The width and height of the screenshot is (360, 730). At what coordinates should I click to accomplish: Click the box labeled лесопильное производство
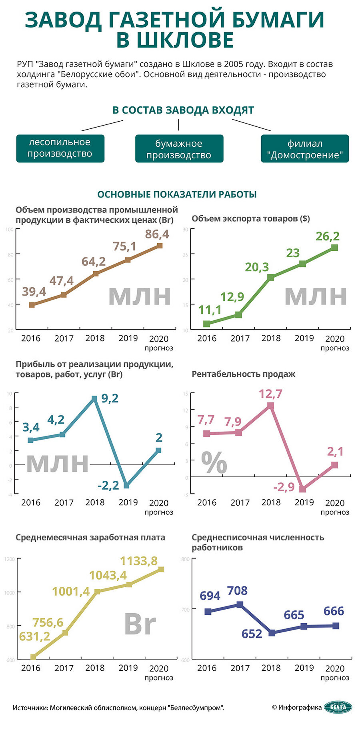60,148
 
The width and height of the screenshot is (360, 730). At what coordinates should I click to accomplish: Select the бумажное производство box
179,149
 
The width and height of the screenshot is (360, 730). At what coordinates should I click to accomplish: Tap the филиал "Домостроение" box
305,149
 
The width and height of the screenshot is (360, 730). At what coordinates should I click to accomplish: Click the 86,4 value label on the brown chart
157,234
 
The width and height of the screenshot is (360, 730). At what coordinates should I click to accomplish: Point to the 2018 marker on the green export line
271,277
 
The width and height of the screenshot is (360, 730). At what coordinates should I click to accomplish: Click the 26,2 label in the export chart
328,236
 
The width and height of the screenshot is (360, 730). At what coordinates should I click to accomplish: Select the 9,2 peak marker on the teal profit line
94,398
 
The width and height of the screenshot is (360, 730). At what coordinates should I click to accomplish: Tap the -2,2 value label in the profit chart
108,486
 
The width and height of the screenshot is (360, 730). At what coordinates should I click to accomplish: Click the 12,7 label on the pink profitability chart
270,394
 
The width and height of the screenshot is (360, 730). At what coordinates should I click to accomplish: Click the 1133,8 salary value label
139,561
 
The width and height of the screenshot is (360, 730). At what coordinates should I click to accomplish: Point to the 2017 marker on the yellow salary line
65,633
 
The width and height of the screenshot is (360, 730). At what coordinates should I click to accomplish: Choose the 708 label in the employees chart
237,591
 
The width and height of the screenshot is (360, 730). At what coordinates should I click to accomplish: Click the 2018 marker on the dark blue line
272,633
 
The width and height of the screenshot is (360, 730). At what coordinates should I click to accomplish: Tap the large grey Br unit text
140,624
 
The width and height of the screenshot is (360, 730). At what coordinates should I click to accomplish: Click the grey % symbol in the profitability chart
214,463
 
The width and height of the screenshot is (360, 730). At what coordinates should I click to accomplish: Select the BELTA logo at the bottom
338,707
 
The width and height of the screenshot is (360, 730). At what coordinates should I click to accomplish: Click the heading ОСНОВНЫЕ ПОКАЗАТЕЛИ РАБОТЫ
177,194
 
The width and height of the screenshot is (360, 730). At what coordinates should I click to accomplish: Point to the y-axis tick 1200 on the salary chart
10,559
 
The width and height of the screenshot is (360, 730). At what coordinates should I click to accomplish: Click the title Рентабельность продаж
244,374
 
